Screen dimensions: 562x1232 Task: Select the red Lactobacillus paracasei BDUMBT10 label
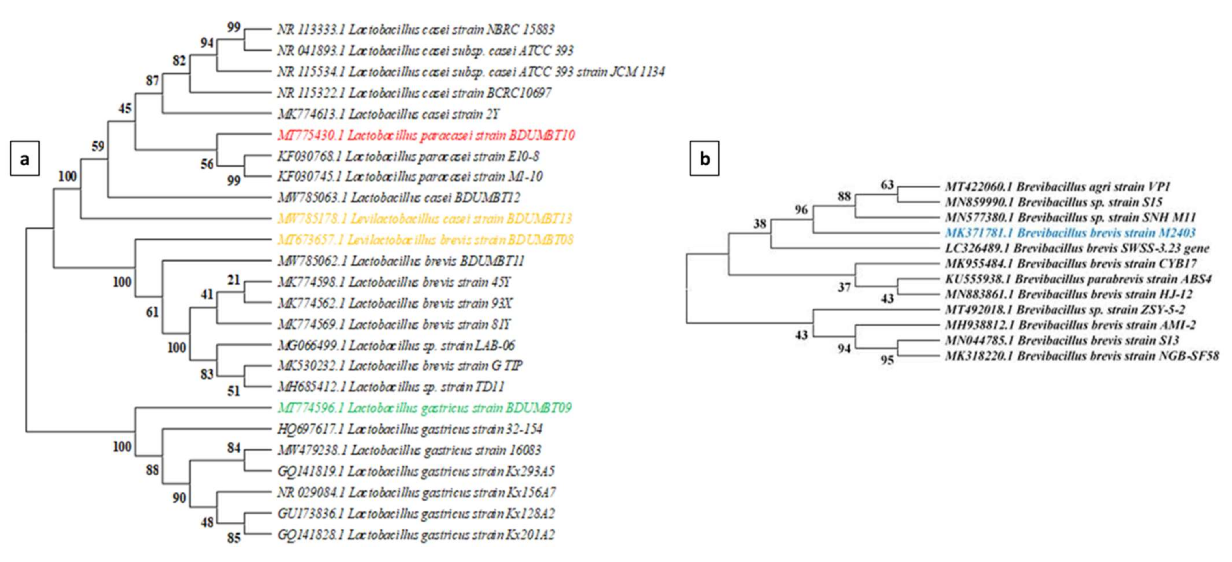point(426,135)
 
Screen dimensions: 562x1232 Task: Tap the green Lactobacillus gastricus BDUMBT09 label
point(424,408)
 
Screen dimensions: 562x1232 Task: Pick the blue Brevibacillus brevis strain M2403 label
point(1070,233)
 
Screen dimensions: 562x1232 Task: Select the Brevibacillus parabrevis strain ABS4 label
point(1078,279)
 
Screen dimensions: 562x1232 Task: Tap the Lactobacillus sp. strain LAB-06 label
point(396,345)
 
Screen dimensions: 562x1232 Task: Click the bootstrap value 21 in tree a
point(234,280)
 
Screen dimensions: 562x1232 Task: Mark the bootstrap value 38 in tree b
point(759,223)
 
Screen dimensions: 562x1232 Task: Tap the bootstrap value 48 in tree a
point(207,522)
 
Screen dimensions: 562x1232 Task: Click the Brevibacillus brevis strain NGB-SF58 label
point(1082,356)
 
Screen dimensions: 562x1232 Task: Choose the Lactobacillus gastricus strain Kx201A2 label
point(416,535)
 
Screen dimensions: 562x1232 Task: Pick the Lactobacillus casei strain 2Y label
point(388,114)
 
